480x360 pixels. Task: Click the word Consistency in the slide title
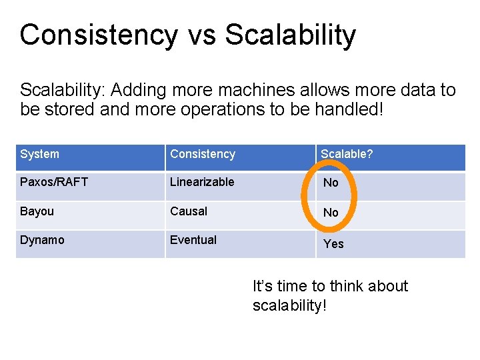pyautogui.click(x=99, y=35)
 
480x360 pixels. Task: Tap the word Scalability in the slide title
pyautogui.click(x=291, y=35)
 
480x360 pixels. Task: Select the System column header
pyautogui.click(x=39, y=154)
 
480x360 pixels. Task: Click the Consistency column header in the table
pyautogui.click(x=203, y=154)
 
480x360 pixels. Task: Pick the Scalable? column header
pyautogui.click(x=347, y=154)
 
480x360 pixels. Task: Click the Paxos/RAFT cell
pyautogui.click(x=54, y=182)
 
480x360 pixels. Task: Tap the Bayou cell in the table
pyautogui.click(x=37, y=211)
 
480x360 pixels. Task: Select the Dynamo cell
pyautogui.click(x=42, y=240)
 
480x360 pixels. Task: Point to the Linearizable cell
pyautogui.click(x=202, y=182)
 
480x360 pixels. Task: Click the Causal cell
pyautogui.click(x=189, y=211)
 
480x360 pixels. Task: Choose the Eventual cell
pyautogui.click(x=193, y=240)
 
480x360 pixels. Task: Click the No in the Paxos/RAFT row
pyautogui.click(x=331, y=183)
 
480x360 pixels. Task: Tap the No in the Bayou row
pyautogui.click(x=331, y=213)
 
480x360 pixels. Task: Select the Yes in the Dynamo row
pyautogui.click(x=333, y=244)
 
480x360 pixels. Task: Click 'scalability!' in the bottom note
pyautogui.click(x=290, y=306)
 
